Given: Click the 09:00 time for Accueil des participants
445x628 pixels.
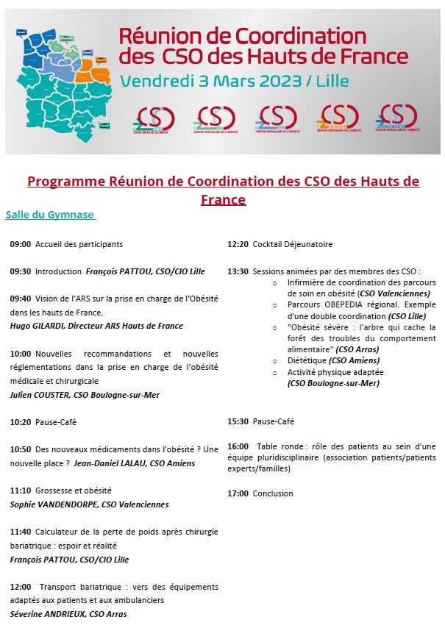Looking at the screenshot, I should click(x=20, y=244).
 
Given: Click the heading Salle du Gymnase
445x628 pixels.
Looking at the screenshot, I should click(x=49, y=215).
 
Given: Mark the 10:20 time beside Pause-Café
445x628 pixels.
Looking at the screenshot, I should click(x=20, y=422).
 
